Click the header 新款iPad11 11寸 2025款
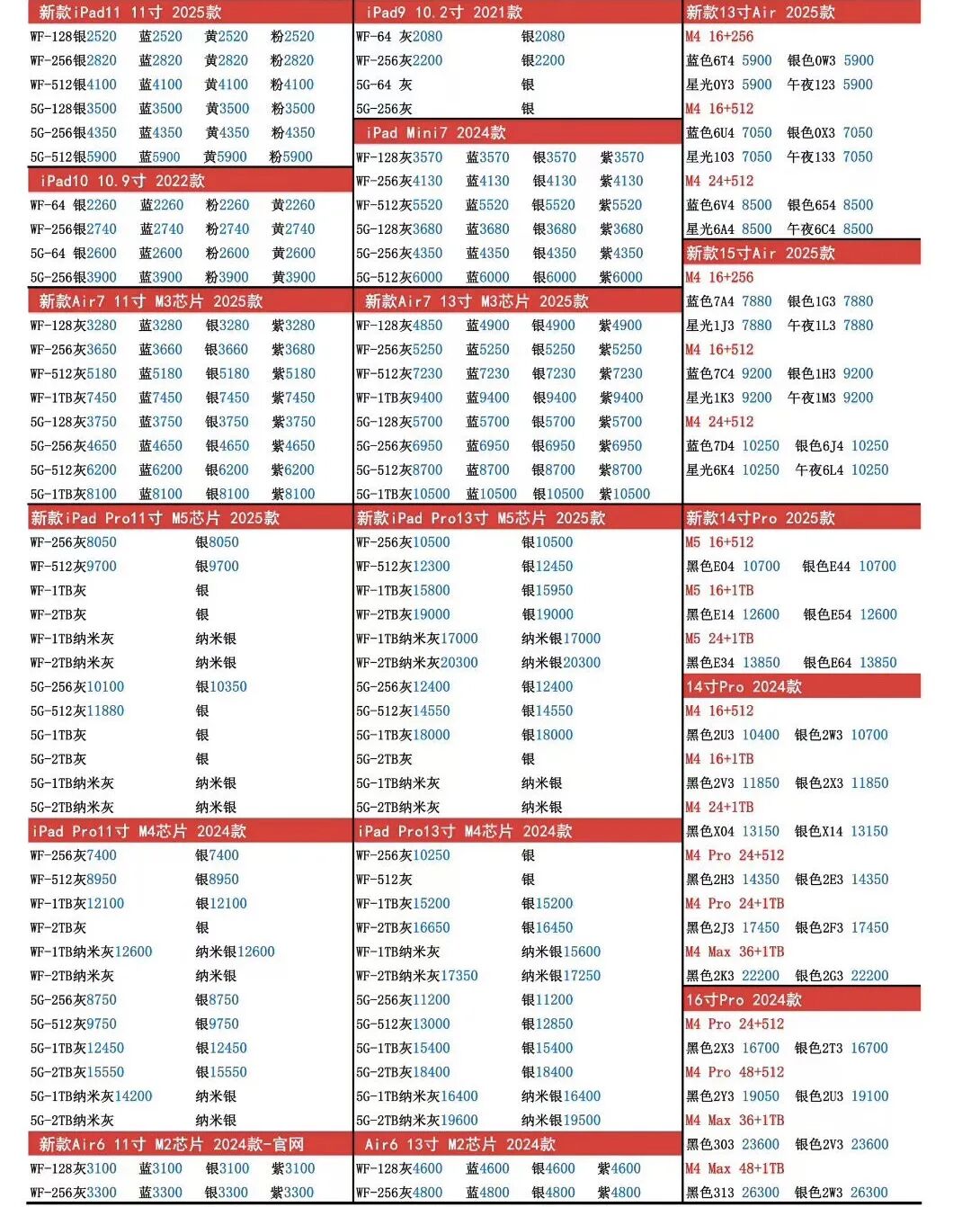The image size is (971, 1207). pos(130,13)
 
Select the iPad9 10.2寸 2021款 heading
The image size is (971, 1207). pos(444,13)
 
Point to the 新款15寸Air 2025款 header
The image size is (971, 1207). pos(761,253)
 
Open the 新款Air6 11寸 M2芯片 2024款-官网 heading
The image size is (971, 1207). pos(171,1144)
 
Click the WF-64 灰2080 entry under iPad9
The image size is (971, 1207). pos(399,37)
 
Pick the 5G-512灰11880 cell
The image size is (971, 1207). pos(77,711)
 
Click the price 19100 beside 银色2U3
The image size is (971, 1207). pos(869,1096)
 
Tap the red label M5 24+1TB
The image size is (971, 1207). pos(719,639)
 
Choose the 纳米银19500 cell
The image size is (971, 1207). pos(561,1121)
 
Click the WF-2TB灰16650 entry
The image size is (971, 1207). pos(403,928)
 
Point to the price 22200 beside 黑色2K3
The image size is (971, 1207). pos(761,976)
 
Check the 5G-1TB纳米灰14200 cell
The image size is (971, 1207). pos(91,1096)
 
